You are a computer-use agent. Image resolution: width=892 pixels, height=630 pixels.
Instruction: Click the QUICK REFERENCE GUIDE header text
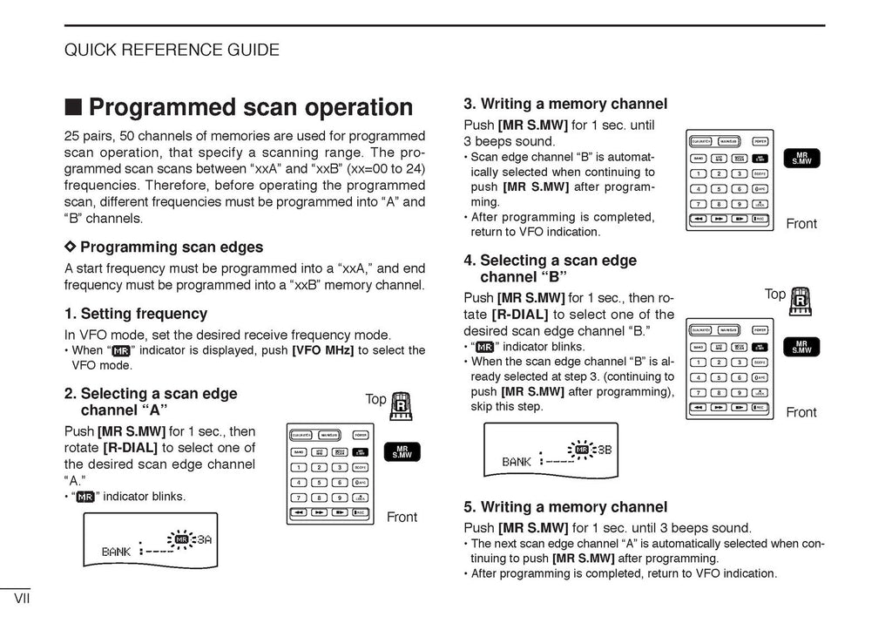pyautogui.click(x=172, y=50)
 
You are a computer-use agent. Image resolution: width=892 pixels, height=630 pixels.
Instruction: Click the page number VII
pyautogui.click(x=23, y=600)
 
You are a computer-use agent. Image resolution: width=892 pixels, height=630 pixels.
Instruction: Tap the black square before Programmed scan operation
pyautogui.click(x=74, y=107)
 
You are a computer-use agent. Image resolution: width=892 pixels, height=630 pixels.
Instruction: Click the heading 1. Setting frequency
pyautogui.click(x=136, y=314)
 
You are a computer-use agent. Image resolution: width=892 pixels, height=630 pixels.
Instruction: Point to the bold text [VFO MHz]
pyautogui.click(x=322, y=351)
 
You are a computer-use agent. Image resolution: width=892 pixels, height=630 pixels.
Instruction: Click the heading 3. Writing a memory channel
pyautogui.click(x=565, y=104)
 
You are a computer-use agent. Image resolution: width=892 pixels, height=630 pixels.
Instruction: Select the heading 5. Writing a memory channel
pyautogui.click(x=565, y=506)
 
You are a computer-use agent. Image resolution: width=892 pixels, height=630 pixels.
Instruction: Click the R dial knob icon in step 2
pyautogui.click(x=401, y=405)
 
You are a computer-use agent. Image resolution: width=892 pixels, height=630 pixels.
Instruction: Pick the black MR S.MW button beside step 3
pyautogui.click(x=801, y=158)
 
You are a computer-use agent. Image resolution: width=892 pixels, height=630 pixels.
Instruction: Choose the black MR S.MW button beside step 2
pyautogui.click(x=402, y=451)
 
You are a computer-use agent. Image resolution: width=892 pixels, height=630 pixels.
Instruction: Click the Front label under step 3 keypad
pyautogui.click(x=801, y=224)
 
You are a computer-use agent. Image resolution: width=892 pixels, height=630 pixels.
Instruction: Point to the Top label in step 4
pyautogui.click(x=774, y=295)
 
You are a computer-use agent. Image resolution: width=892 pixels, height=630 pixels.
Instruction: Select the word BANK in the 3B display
pyautogui.click(x=517, y=462)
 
